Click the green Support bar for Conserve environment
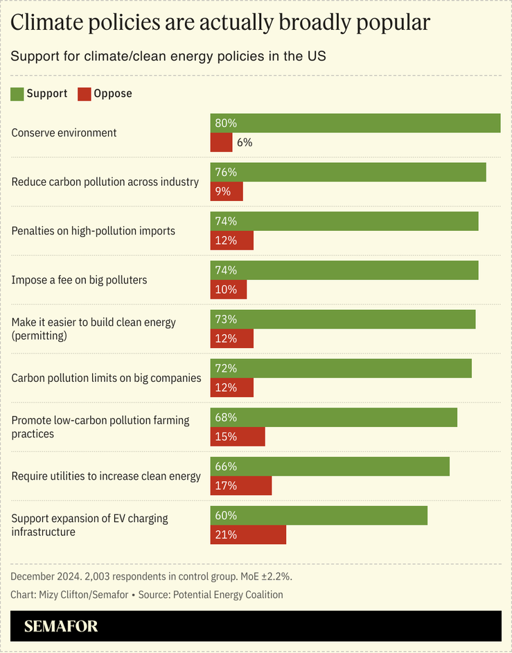click(x=355, y=123)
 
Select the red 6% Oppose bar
click(x=221, y=142)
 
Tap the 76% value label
click(x=226, y=172)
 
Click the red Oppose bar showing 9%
click(x=227, y=191)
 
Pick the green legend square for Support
click(x=17, y=94)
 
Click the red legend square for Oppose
click(x=84, y=94)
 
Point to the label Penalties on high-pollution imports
click(x=94, y=231)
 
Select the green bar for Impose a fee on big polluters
click(x=344, y=270)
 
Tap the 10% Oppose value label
click(x=226, y=290)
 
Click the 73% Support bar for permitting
click(x=343, y=320)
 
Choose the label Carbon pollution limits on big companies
click(x=106, y=378)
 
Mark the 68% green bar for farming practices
click(x=334, y=417)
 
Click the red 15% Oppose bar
click(x=238, y=437)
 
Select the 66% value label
click(x=226, y=467)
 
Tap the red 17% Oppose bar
click(x=241, y=486)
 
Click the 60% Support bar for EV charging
click(x=319, y=516)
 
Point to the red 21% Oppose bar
click(x=248, y=535)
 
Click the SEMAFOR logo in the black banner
click(x=61, y=627)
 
